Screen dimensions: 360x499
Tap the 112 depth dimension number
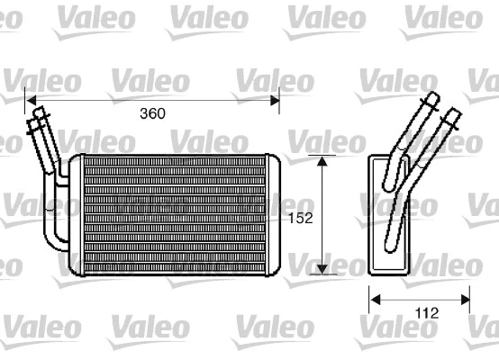(426, 313)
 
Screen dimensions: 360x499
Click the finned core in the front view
(171, 215)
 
